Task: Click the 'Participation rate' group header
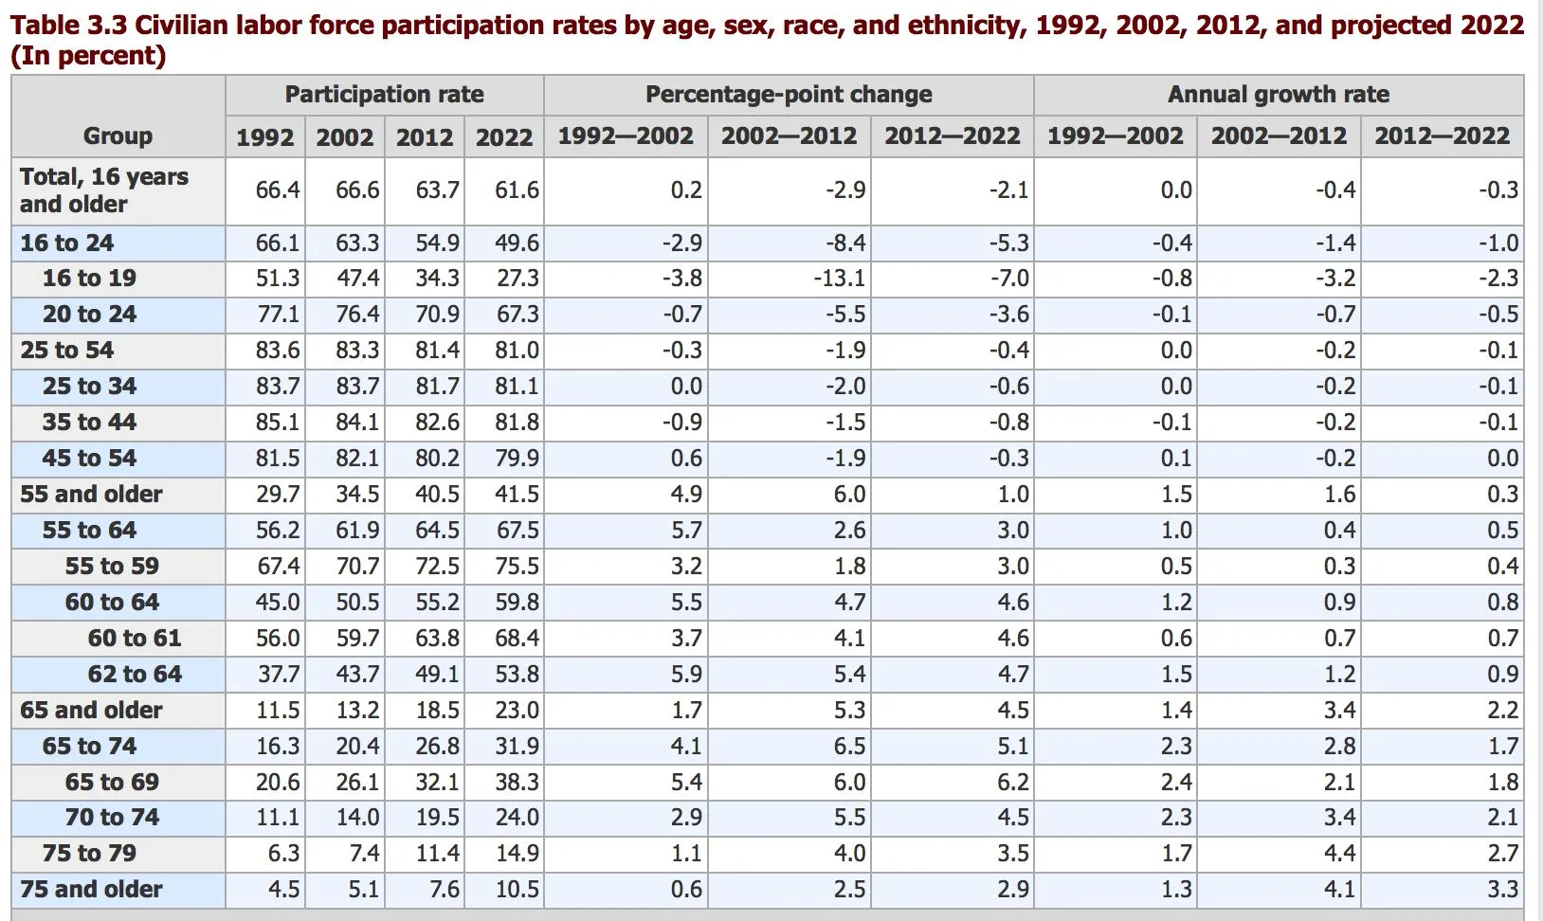(384, 95)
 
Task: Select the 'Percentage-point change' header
(789, 95)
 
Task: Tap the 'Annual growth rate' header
(1278, 95)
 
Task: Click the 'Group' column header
(118, 135)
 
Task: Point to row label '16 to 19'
(89, 279)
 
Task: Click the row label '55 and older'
(91, 495)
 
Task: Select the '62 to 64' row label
(135, 675)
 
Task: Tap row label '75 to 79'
(89, 854)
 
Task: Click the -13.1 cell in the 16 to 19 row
(839, 279)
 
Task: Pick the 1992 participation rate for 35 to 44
(278, 423)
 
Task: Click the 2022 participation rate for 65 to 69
(517, 783)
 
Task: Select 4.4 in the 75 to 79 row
(1338, 854)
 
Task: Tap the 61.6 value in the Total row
(517, 190)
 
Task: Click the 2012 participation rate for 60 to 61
(437, 639)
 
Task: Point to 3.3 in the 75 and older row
(1502, 890)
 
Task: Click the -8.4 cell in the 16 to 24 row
(844, 244)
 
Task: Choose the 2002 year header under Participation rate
(344, 137)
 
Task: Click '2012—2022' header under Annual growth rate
(1442, 136)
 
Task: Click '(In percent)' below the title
(88, 56)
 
